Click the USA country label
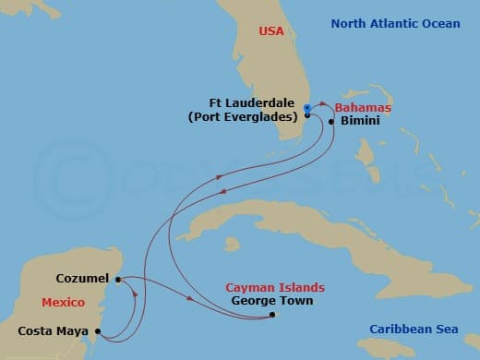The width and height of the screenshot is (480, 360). [271, 31]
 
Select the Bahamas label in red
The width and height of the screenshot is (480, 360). [362, 108]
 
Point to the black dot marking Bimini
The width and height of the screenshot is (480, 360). [330, 121]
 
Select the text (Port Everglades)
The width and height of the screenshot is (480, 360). [244, 117]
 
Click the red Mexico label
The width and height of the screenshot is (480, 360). [63, 303]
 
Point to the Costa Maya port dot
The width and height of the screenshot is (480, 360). [98, 330]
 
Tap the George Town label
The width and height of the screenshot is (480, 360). [272, 300]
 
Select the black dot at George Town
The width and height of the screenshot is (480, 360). [272, 315]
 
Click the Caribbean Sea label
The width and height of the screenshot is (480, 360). [414, 330]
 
